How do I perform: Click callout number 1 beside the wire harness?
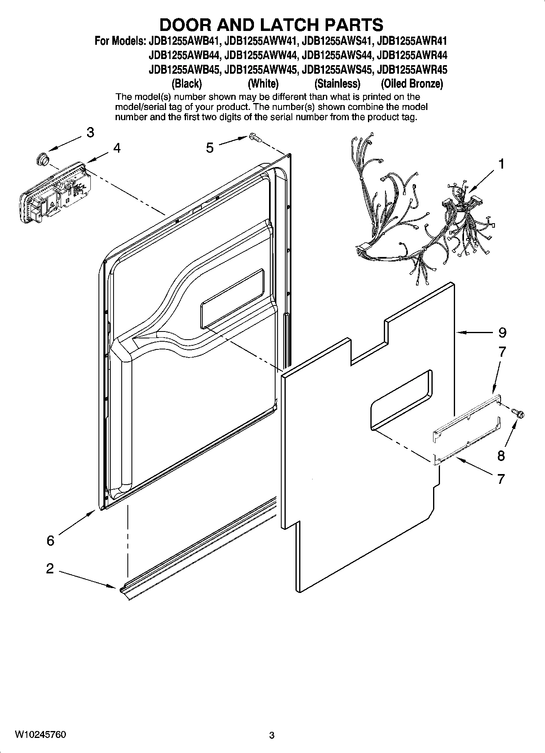[x=501, y=164]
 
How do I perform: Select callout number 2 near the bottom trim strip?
[x=50, y=569]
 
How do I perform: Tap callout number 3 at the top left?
[x=90, y=132]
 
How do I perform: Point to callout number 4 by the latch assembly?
[x=117, y=148]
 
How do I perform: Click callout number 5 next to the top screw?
[x=210, y=148]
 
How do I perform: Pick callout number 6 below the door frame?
[x=50, y=541]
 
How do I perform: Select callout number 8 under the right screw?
[x=501, y=455]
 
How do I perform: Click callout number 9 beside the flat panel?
[x=502, y=333]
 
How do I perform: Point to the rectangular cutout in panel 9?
[x=401, y=400]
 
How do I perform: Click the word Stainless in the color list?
[x=337, y=84]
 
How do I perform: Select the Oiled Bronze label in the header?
[x=411, y=84]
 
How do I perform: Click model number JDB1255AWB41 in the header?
[x=183, y=41]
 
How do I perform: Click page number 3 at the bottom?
[x=272, y=735]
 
